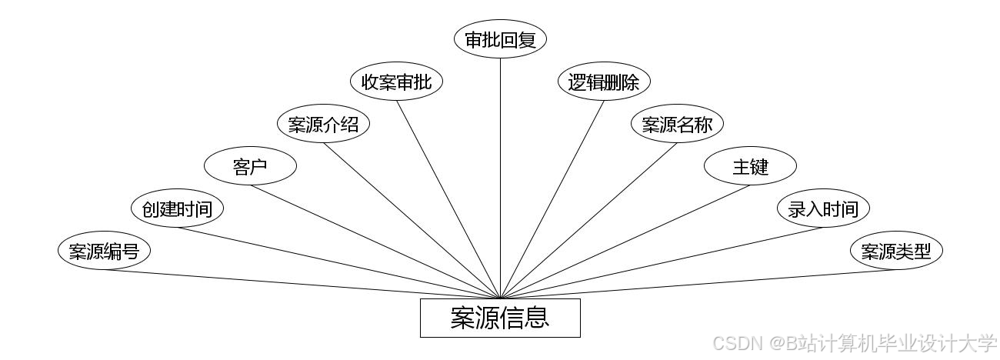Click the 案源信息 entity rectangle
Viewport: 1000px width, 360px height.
point(500,318)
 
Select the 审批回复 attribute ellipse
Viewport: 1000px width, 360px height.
point(500,40)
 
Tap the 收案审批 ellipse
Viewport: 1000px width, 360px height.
point(396,82)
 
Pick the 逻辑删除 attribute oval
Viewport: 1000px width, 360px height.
point(604,82)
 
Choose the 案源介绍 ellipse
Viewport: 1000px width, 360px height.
point(323,124)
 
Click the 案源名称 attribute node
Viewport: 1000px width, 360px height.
point(677,124)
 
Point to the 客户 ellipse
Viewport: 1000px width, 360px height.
point(250,166)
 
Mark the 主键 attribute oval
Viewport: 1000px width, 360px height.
point(750,166)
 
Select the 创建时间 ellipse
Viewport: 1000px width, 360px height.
point(177,208)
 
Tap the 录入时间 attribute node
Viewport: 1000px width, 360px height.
point(823,208)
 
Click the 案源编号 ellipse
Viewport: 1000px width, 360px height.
point(104,251)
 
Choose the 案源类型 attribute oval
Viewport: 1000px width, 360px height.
point(896,251)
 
